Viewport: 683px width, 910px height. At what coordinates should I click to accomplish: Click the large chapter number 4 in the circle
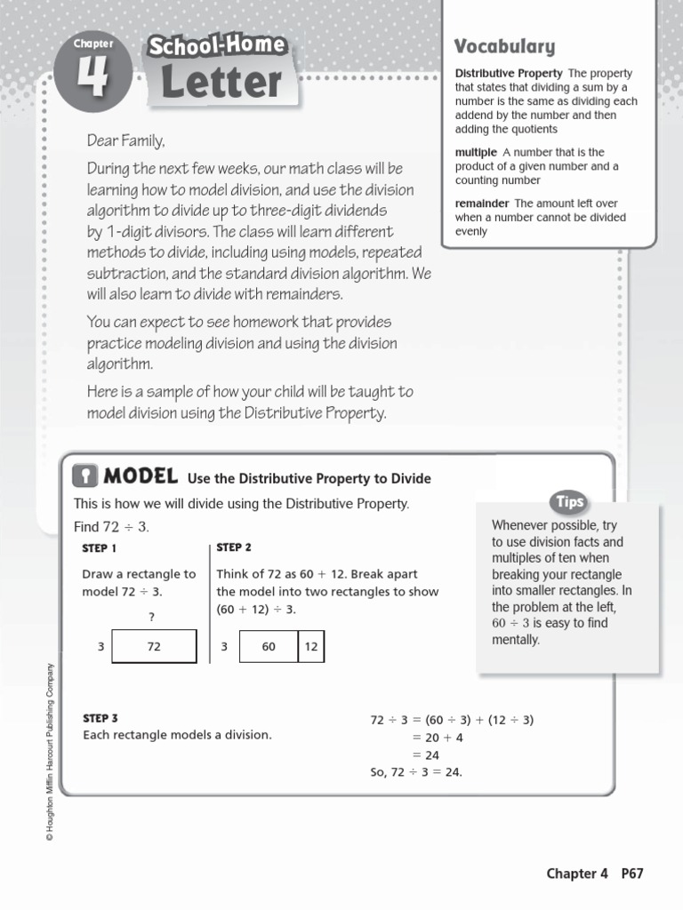coord(92,77)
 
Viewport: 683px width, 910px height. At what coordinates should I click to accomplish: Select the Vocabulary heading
coord(504,47)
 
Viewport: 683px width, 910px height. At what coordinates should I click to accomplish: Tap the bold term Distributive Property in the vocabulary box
coord(509,73)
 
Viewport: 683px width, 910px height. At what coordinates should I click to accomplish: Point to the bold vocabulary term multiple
coord(476,153)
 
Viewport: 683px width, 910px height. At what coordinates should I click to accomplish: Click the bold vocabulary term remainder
coord(481,204)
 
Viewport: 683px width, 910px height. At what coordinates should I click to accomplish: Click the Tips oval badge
coord(569,501)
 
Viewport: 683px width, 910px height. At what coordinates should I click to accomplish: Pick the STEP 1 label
coord(100,548)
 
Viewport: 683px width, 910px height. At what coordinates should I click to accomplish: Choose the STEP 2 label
coord(234,547)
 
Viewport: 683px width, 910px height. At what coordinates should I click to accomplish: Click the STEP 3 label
coord(100,718)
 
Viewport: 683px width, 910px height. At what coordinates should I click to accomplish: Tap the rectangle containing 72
coord(154,647)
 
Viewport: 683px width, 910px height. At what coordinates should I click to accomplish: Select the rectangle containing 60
coord(269,647)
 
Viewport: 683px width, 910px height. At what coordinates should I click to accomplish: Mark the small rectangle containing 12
coord(311,647)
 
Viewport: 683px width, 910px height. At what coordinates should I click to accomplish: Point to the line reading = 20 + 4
coord(438,738)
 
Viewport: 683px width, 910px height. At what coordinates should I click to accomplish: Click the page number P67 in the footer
coord(631,874)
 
